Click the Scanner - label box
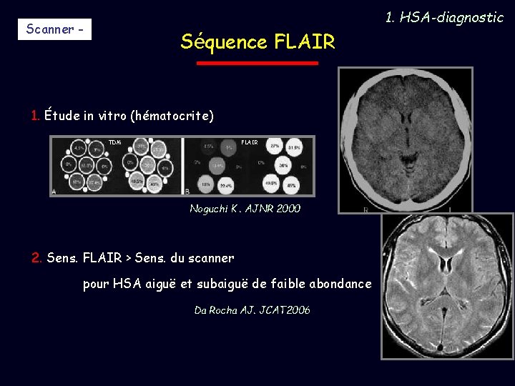pos(54,29)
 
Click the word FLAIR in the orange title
pos(304,42)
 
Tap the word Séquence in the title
pos(224,42)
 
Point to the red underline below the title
pos(257,63)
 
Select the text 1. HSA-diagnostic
pos(444,17)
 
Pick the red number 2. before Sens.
pos(37,257)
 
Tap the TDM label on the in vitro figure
pos(115,142)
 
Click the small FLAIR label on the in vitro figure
pos(250,142)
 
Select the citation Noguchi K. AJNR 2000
pos(245,209)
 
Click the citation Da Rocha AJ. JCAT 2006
pos(252,310)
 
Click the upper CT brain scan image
pos(406,140)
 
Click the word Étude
pos(62,115)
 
